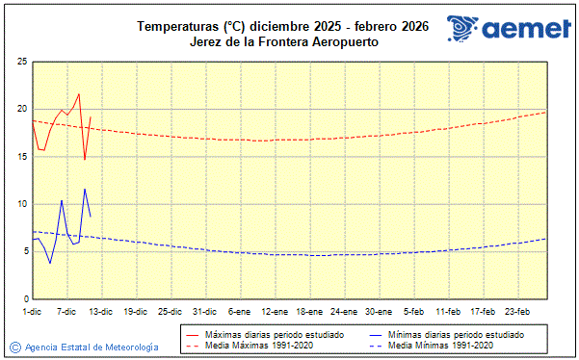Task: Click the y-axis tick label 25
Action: (21, 62)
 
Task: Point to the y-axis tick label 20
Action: (21, 109)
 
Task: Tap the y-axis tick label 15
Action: (21, 156)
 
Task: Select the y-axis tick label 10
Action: (21, 204)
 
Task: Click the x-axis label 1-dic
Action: (32, 311)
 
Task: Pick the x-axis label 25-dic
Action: (170, 311)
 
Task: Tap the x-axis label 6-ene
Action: (239, 311)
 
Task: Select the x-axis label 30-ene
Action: (378, 311)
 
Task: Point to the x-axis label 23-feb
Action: (516, 311)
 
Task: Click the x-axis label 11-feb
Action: (447, 311)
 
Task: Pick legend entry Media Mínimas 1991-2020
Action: (442, 345)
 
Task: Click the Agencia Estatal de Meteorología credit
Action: (92, 347)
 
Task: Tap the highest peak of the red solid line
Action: (79, 94)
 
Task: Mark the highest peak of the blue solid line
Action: (85, 189)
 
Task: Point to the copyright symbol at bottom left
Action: (14, 347)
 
